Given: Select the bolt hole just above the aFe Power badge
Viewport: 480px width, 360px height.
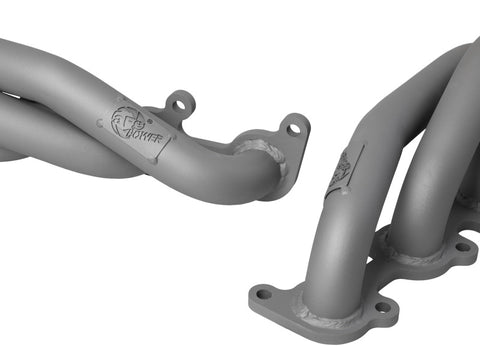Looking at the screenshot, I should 179,102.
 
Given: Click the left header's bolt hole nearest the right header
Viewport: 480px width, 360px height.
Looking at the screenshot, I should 294,126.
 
